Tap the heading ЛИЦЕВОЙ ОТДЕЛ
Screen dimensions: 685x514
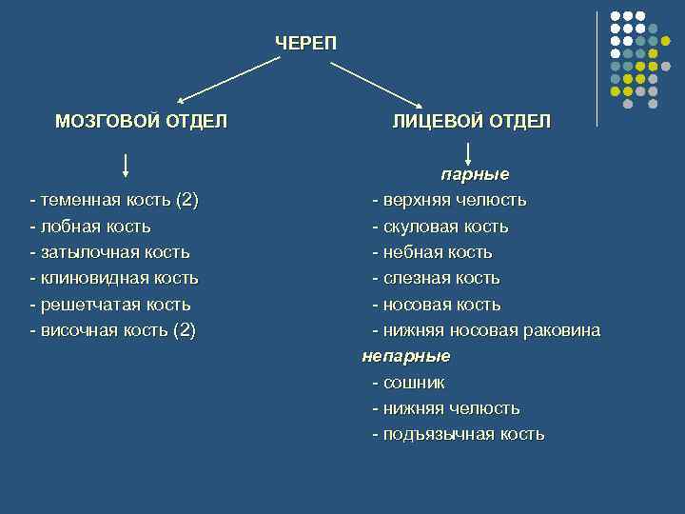[471, 121]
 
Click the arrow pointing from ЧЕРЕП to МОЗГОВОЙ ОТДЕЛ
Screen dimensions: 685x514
[229, 78]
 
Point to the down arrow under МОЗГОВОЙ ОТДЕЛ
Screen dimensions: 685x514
[127, 165]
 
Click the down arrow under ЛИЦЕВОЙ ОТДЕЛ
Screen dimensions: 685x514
[469, 152]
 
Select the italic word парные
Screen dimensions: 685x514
[474, 175]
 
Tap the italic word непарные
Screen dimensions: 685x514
[405, 356]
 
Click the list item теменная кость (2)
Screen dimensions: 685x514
[114, 201]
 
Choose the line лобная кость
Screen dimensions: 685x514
[90, 227]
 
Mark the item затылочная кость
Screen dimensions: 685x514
[109, 252]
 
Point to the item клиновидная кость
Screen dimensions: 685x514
[114, 278]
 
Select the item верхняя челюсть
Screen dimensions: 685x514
[449, 201]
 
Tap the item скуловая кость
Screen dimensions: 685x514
[440, 227]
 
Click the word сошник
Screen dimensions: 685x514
[409, 383]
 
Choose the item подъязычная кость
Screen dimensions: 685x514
[458, 434]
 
